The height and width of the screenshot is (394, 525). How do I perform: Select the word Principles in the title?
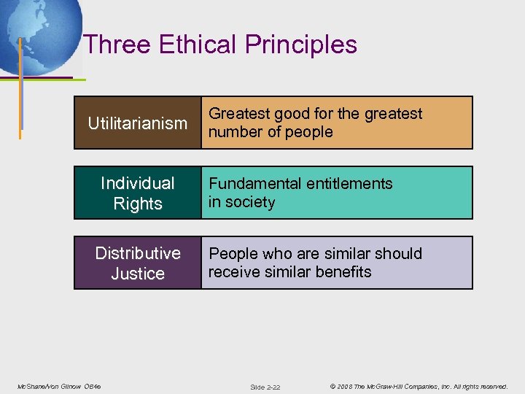(301, 45)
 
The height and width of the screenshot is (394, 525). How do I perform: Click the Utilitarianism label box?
(138, 123)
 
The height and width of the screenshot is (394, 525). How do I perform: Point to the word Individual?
(138, 183)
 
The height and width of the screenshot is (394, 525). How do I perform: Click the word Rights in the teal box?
(138, 204)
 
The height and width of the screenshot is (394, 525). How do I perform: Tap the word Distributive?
(138, 253)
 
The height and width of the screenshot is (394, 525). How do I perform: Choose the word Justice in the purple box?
(138, 274)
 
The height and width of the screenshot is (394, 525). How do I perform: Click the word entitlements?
(352, 184)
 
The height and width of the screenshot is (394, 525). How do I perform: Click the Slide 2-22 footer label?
(265, 387)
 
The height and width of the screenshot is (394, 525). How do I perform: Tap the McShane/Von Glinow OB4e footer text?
(59, 386)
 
